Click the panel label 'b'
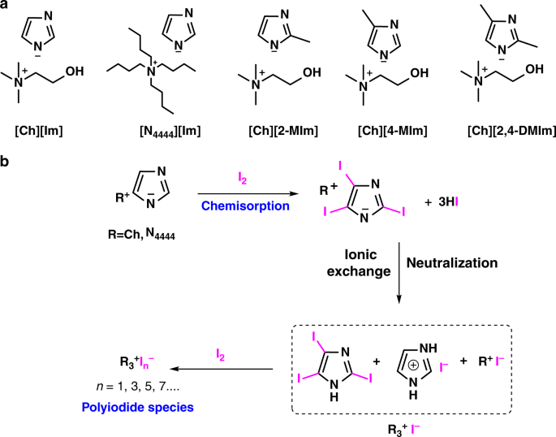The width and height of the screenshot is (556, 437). pyautogui.click(x=6, y=162)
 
